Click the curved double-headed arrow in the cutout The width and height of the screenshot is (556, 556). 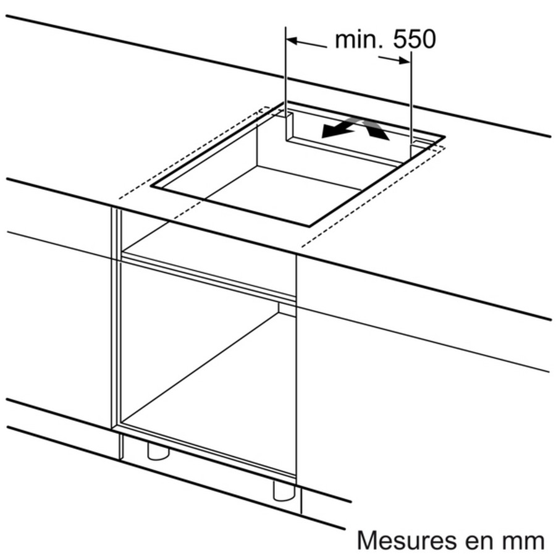(356, 128)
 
